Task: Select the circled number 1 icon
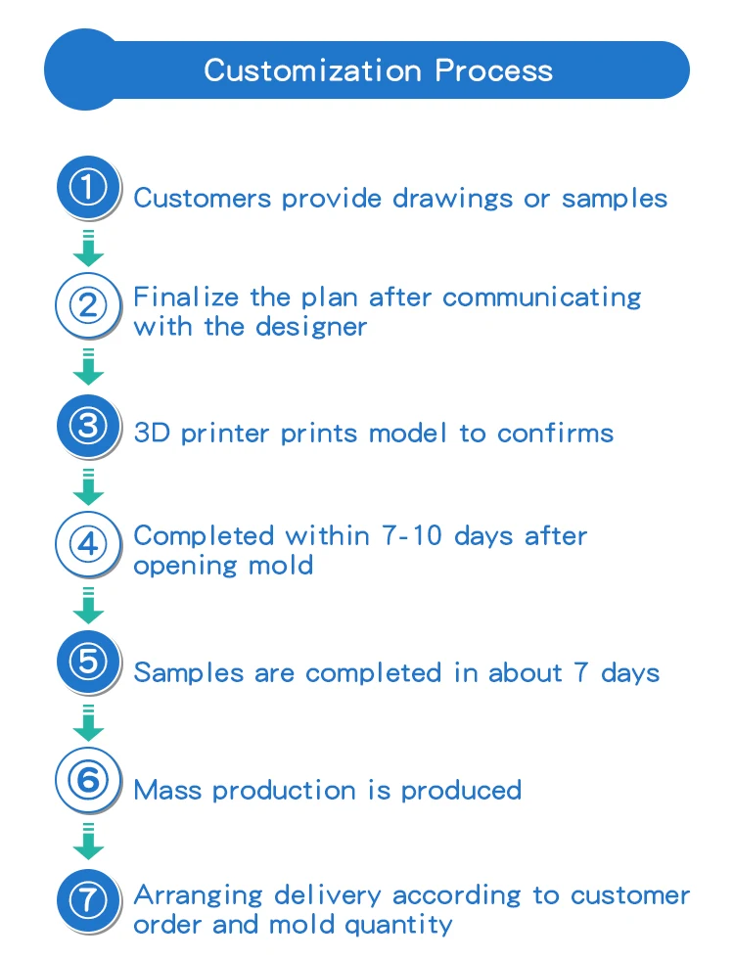pos(88,187)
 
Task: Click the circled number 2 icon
pos(88,306)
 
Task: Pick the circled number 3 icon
pos(88,426)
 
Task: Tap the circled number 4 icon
pos(88,544)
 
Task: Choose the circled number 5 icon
pos(88,663)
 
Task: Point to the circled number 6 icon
pos(88,781)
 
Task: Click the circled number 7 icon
pos(88,900)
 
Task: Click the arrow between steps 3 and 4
pos(88,486)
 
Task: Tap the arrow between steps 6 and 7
pos(88,842)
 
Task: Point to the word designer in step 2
pos(311,326)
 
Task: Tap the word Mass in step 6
pos(168,790)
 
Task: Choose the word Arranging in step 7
pos(199,896)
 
